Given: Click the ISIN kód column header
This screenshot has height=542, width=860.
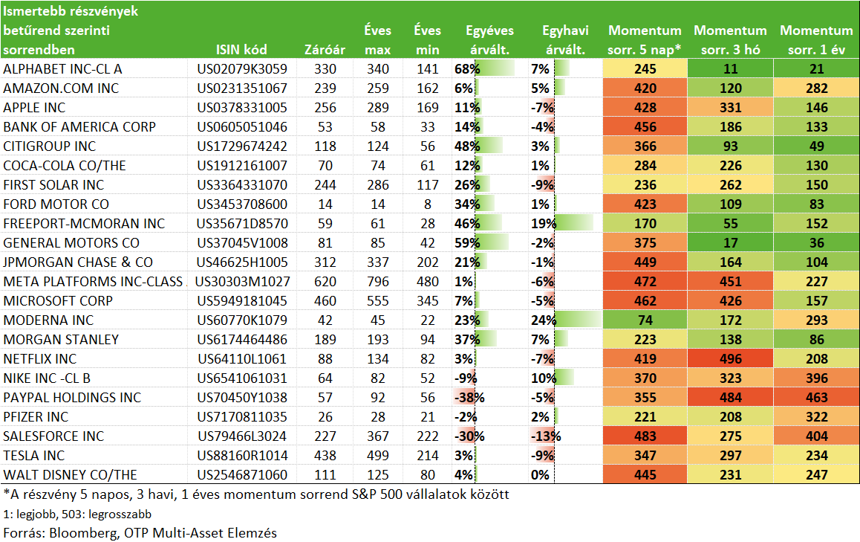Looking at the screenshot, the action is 241,50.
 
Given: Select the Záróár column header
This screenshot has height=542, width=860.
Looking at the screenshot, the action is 325,50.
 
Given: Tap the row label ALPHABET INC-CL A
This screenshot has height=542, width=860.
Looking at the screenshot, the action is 62,69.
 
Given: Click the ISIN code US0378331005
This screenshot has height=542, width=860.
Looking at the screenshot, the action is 242,108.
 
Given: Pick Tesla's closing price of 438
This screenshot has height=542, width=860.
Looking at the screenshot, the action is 325,456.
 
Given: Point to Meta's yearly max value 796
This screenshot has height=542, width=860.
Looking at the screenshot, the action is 378,282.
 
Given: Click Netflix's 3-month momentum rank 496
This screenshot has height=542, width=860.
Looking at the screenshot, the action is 731,359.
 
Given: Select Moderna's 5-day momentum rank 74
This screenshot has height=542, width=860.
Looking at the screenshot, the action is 645,320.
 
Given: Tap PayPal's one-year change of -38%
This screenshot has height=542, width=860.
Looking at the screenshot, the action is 469,398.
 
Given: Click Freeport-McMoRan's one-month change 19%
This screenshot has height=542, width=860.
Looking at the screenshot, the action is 544,224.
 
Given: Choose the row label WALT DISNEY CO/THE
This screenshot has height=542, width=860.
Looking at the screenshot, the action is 71,475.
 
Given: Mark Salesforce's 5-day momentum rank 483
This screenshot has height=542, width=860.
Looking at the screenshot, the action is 645,436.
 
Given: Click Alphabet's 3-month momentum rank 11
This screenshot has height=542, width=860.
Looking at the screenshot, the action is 731,69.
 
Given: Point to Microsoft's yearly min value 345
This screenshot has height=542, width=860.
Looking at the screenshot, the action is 427,301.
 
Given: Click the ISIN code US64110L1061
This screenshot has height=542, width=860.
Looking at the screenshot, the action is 242,359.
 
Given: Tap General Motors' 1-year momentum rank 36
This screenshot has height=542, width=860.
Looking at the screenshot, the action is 817,242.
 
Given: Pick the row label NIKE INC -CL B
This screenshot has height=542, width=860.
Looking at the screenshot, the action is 47,378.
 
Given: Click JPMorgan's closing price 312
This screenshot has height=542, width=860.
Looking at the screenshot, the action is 325,262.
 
